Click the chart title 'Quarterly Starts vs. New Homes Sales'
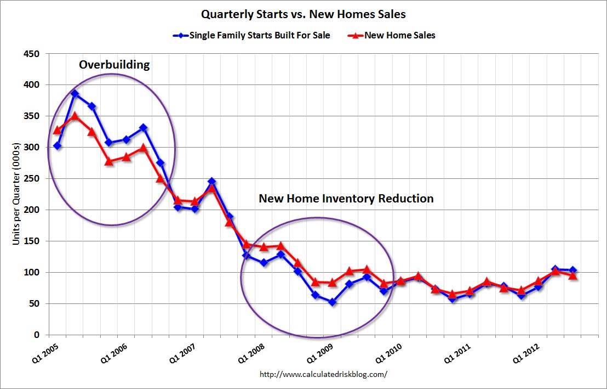pos(303,14)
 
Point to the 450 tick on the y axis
pos(33,54)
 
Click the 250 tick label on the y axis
pos(33,179)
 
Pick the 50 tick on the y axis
pos(36,303)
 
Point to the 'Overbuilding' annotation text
pos(114,65)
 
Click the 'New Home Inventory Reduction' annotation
pos(346,199)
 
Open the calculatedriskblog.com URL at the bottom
pos(323,374)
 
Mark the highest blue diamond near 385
pos(75,94)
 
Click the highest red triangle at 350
pos(75,116)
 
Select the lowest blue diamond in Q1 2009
pos(332,302)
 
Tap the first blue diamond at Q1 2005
pos(57,146)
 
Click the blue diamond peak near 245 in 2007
pos(212,182)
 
